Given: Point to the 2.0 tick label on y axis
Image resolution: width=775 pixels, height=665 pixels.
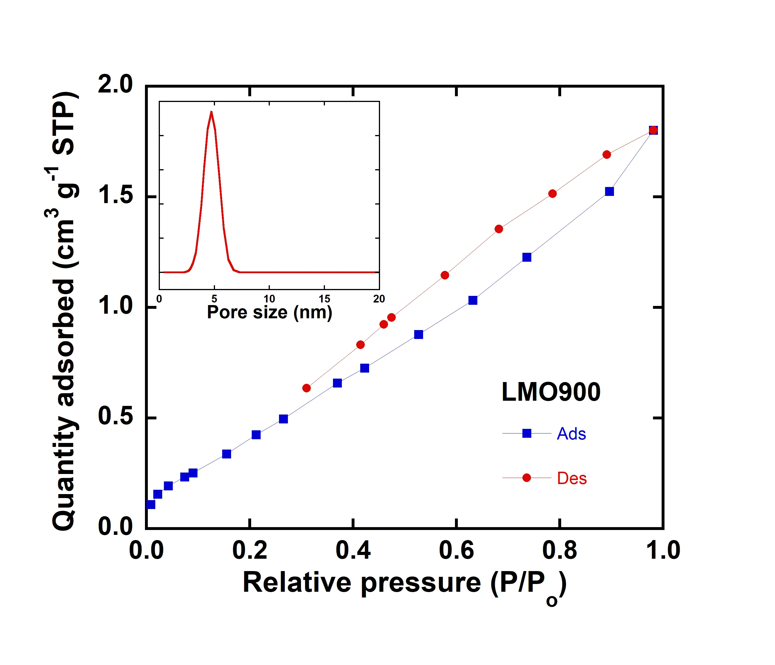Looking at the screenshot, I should pos(115,84).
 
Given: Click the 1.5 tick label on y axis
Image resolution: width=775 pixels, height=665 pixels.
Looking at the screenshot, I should pos(115,195).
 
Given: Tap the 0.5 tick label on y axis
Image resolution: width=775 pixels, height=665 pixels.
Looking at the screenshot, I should pos(115,416).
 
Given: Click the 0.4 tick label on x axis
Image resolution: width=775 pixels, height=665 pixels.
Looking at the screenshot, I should pos(353,550).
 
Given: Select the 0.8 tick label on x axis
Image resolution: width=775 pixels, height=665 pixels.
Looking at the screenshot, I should pos(559,550).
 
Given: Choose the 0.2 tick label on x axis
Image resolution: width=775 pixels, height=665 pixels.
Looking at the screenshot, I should pos(249,550).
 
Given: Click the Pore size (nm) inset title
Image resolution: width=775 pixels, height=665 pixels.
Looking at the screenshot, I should pos(269,312).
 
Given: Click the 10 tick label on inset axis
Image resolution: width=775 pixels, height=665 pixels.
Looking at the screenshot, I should pos(269,299).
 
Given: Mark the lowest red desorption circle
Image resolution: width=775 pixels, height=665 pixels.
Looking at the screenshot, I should pos(306,388).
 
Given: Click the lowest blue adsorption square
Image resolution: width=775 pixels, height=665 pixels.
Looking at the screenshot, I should pos(151,504).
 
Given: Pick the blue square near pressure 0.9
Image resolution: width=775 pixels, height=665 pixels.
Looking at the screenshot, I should pos(609,192).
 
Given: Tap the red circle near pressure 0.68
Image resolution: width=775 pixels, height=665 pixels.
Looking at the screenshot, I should pos(499,229).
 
